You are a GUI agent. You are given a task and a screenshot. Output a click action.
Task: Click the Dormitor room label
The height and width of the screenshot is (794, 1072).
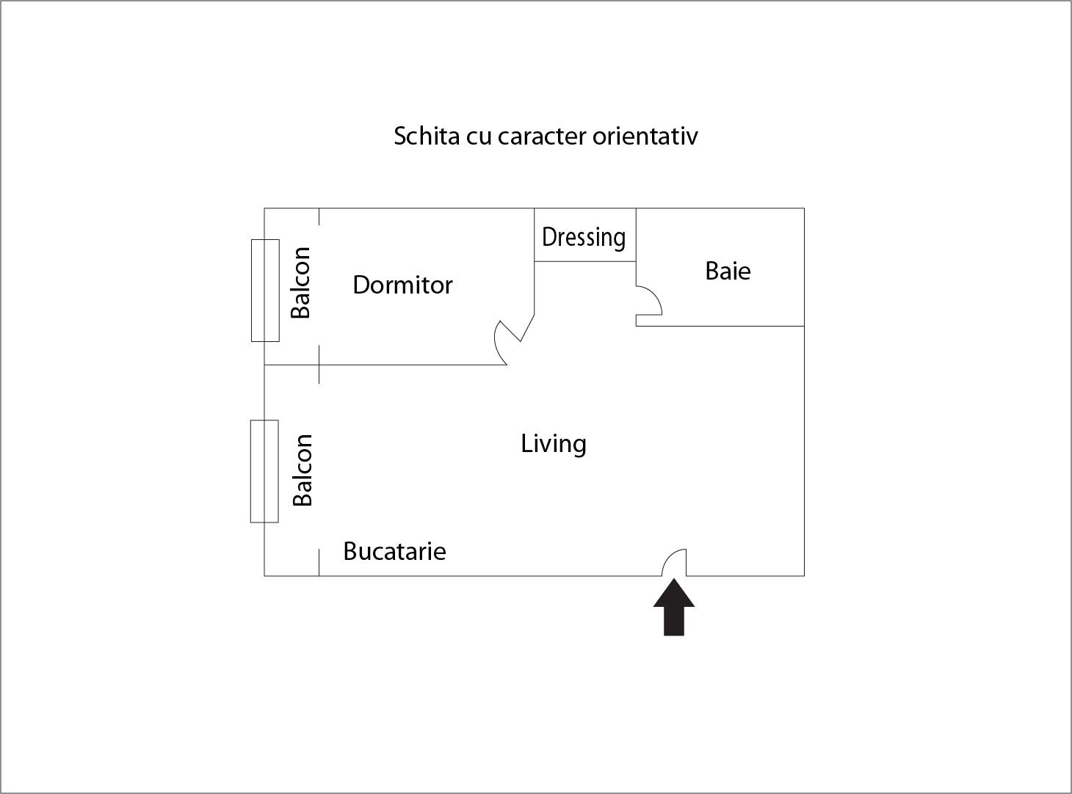[402, 285]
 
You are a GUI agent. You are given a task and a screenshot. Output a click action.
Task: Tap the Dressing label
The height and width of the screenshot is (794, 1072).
[584, 237]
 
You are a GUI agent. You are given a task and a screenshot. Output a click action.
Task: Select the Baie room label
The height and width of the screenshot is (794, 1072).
[728, 271]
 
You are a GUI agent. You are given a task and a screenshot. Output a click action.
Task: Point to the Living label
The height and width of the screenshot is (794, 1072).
[554, 444]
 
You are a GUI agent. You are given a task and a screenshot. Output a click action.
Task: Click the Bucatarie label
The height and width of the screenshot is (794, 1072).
[394, 551]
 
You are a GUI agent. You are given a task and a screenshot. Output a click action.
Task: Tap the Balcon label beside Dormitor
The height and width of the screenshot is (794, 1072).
[301, 283]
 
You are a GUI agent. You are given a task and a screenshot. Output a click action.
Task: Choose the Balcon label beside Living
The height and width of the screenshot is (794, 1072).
[303, 470]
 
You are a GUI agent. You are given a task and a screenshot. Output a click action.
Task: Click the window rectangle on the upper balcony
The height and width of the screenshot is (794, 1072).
[265, 290]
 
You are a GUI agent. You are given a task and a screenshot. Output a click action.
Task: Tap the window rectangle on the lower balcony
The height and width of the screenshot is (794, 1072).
[264, 471]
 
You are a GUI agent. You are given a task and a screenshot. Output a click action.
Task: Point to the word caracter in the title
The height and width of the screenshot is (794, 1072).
[541, 136]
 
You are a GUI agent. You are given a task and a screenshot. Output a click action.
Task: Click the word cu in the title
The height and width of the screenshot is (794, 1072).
[478, 137]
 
